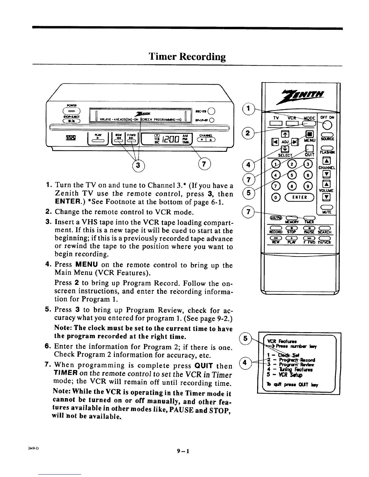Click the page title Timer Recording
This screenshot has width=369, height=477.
tap(187, 57)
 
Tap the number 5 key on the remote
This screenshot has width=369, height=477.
tap(291, 176)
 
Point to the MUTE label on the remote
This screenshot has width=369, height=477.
tap(326, 212)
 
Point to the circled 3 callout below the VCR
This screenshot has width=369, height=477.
tap(137, 165)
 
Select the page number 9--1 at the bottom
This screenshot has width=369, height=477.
tap(184, 451)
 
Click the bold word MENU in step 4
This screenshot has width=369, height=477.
tap(86, 265)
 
